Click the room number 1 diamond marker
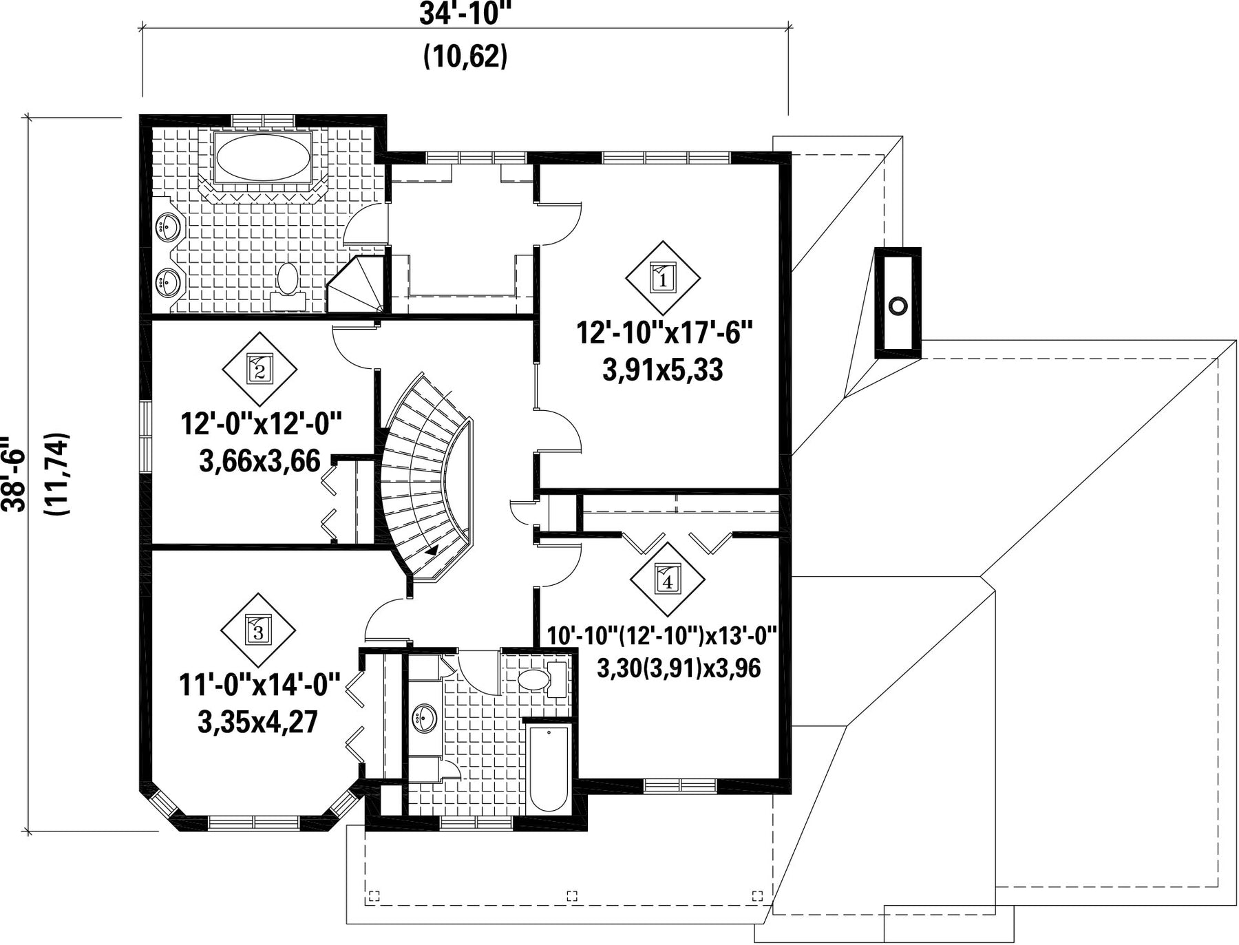(663, 279)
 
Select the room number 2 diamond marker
(260, 370)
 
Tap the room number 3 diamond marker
(258, 630)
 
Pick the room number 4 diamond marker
(667, 580)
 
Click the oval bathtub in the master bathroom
(263, 157)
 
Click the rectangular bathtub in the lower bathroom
(549, 769)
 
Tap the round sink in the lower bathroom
(425, 719)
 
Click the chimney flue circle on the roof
(898, 306)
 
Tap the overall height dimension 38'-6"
(14, 474)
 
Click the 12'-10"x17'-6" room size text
(665, 334)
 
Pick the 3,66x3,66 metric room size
(260, 461)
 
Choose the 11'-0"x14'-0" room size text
(260, 686)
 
